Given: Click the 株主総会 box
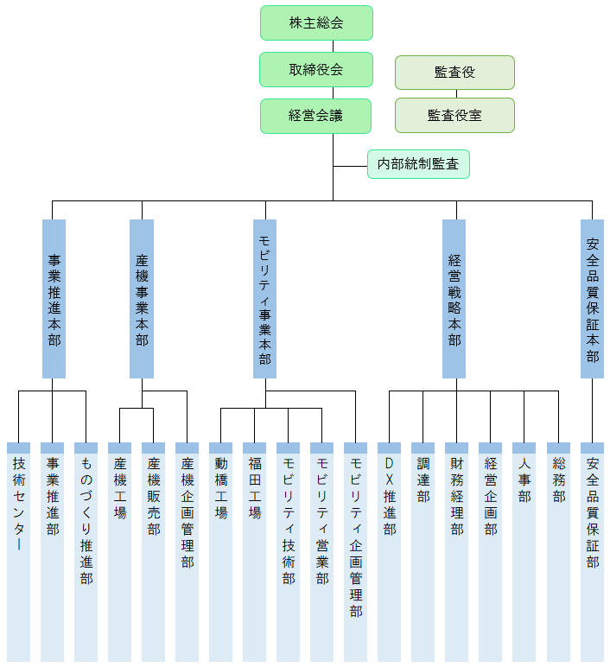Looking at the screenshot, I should click(316, 22).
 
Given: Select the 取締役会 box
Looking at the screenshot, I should click(316, 69).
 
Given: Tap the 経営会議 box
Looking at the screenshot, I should click(316, 116).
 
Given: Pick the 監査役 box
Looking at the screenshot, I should click(454, 73).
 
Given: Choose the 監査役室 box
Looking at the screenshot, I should click(454, 115).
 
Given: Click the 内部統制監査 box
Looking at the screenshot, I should click(418, 164).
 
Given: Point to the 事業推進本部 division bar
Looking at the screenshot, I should click(54, 299).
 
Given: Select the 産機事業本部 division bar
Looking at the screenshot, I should click(142, 299).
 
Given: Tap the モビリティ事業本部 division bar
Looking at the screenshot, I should click(264, 299).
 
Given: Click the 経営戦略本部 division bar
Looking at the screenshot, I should click(454, 299).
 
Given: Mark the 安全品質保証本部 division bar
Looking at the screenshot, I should click(592, 299).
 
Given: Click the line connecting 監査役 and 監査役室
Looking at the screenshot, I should click(454, 93).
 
